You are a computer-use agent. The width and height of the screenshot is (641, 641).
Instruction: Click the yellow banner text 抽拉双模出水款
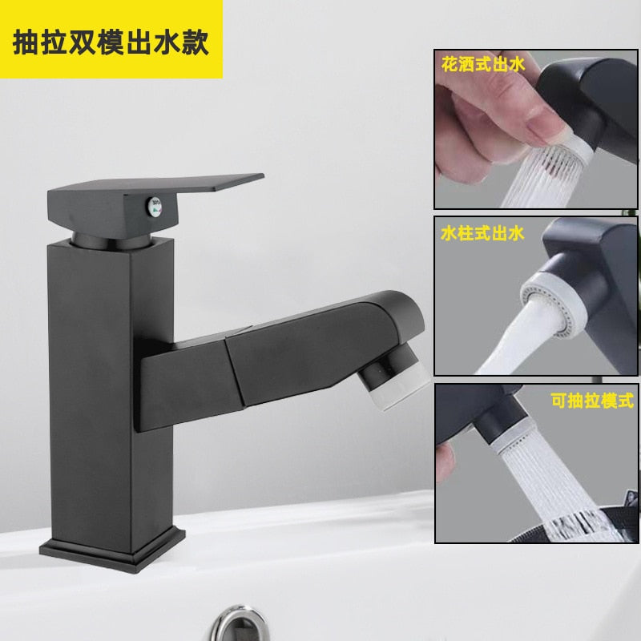pos(111,42)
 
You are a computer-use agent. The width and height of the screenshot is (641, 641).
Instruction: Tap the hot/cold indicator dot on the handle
pos(155,206)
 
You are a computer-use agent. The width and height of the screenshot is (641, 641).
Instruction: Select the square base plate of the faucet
pos(112,549)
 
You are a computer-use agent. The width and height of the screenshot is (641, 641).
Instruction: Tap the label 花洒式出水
pos(482,64)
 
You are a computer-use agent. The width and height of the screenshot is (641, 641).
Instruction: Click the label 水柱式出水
pos(482,233)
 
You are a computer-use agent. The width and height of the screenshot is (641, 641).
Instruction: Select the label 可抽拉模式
pos(592,401)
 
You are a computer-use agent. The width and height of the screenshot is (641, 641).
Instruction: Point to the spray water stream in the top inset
pos(539,178)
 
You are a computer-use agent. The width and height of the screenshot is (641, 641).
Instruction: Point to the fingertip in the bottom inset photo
pos(445,463)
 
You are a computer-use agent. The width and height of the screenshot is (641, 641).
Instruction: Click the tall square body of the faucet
pos(111,393)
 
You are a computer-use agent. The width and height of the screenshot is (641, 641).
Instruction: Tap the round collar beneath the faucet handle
pos(112,241)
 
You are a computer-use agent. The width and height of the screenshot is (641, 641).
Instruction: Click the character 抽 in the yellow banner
pos(26,42)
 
